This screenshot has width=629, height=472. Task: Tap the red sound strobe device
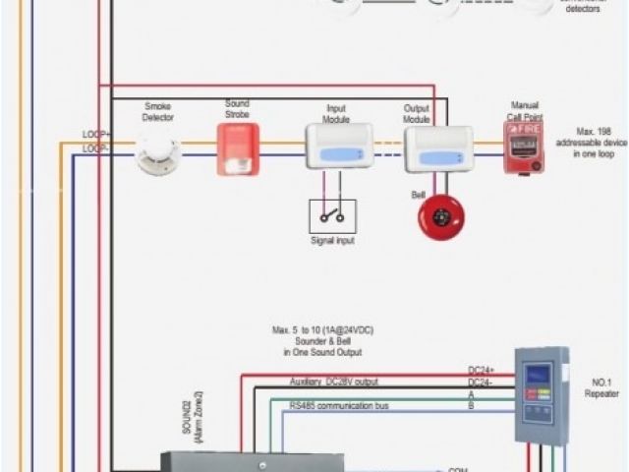(238, 149)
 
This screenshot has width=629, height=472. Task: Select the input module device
(339, 147)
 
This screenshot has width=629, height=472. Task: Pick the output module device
(438, 149)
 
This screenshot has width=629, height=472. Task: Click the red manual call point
(524, 148)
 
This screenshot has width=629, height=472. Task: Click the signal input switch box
(332, 215)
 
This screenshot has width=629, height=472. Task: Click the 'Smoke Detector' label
(158, 111)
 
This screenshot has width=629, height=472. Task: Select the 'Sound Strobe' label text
(238, 108)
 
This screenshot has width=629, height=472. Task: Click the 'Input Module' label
(336, 114)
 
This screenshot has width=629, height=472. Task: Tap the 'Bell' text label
(418, 195)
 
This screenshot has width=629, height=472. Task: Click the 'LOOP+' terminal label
(95, 133)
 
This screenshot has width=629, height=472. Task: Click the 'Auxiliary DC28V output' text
(333, 382)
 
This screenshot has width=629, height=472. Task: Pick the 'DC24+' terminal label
(482, 371)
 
